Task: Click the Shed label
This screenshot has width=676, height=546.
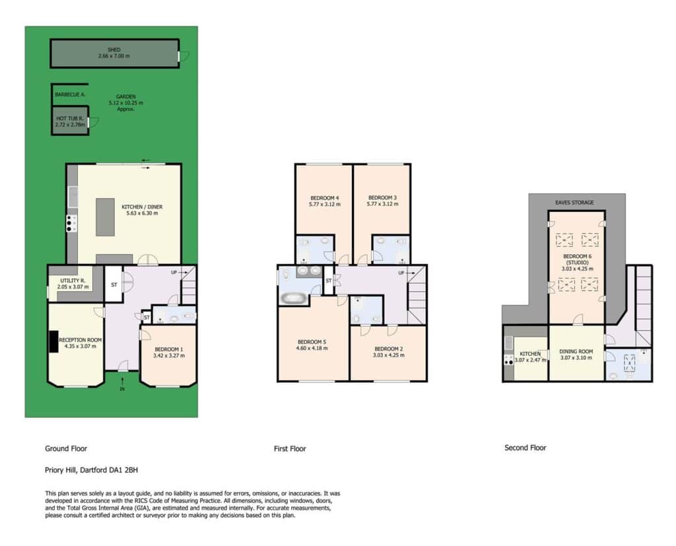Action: [x=114, y=50]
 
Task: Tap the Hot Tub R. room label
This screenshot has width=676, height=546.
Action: [x=69, y=118]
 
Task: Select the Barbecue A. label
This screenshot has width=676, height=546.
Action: [x=70, y=94]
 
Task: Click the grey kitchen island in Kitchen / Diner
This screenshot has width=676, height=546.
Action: [x=105, y=217]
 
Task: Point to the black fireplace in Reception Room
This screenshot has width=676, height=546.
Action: [x=53, y=341]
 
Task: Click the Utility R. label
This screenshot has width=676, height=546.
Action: [x=73, y=281]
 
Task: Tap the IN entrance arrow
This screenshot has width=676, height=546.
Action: [x=122, y=382]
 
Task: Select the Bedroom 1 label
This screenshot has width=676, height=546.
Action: [x=169, y=349]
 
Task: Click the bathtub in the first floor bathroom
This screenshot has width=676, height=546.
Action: [x=294, y=298]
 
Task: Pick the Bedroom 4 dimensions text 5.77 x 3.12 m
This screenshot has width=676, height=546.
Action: [x=325, y=205]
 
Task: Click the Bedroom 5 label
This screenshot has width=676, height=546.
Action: [x=312, y=342]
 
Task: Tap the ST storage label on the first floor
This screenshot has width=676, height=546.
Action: [x=329, y=281]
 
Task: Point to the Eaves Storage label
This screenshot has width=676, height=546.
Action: [x=574, y=202]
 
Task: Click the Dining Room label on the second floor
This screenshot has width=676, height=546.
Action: [x=576, y=351]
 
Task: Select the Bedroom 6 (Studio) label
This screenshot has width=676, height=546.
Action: [x=577, y=259]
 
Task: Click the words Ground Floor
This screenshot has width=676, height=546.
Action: [x=66, y=448]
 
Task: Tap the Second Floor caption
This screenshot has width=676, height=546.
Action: [x=525, y=448]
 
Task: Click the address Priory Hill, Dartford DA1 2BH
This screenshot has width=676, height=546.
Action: [x=91, y=470]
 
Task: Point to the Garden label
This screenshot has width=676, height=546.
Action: [x=126, y=96]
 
